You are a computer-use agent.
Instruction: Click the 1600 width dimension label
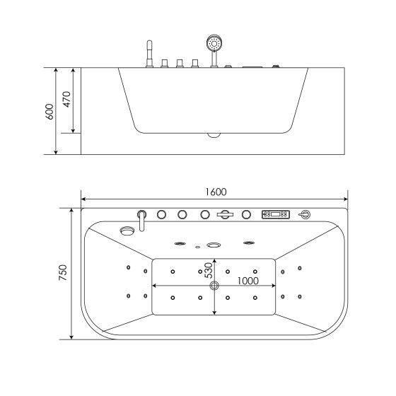click(x=216, y=191)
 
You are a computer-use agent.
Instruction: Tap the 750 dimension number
click(x=62, y=273)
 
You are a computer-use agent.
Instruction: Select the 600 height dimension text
click(x=49, y=112)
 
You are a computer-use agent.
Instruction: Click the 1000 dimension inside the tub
click(x=248, y=280)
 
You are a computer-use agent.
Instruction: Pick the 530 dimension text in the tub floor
click(x=209, y=271)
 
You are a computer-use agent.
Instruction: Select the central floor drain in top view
click(x=215, y=286)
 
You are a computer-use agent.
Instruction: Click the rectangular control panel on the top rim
click(x=275, y=214)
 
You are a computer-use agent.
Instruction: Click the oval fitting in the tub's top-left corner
click(x=128, y=230)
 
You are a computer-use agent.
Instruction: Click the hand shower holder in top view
click(x=226, y=214)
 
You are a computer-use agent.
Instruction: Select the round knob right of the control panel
click(x=305, y=214)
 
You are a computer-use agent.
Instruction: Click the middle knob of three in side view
click(x=180, y=64)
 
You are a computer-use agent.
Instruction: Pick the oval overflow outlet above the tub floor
click(x=214, y=245)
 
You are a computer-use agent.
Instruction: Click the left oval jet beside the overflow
click(x=180, y=243)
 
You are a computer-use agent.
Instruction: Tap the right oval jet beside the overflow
click(x=248, y=243)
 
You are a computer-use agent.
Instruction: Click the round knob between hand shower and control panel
click(x=247, y=214)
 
